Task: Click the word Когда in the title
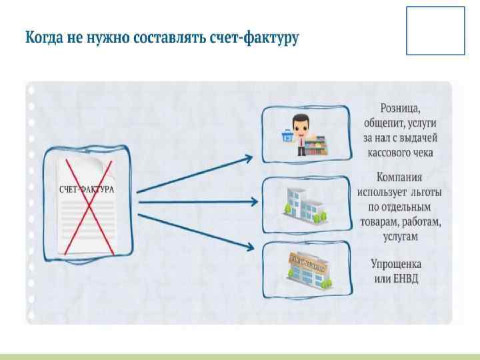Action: (45, 37)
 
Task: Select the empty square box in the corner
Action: (435, 31)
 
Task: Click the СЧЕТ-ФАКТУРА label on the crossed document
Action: (87, 189)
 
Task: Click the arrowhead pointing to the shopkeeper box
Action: (248, 159)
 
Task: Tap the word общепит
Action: (385, 123)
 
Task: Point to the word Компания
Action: (399, 177)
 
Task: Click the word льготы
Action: (426, 192)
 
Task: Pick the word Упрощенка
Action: (396, 263)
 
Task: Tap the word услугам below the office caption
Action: (399, 236)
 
